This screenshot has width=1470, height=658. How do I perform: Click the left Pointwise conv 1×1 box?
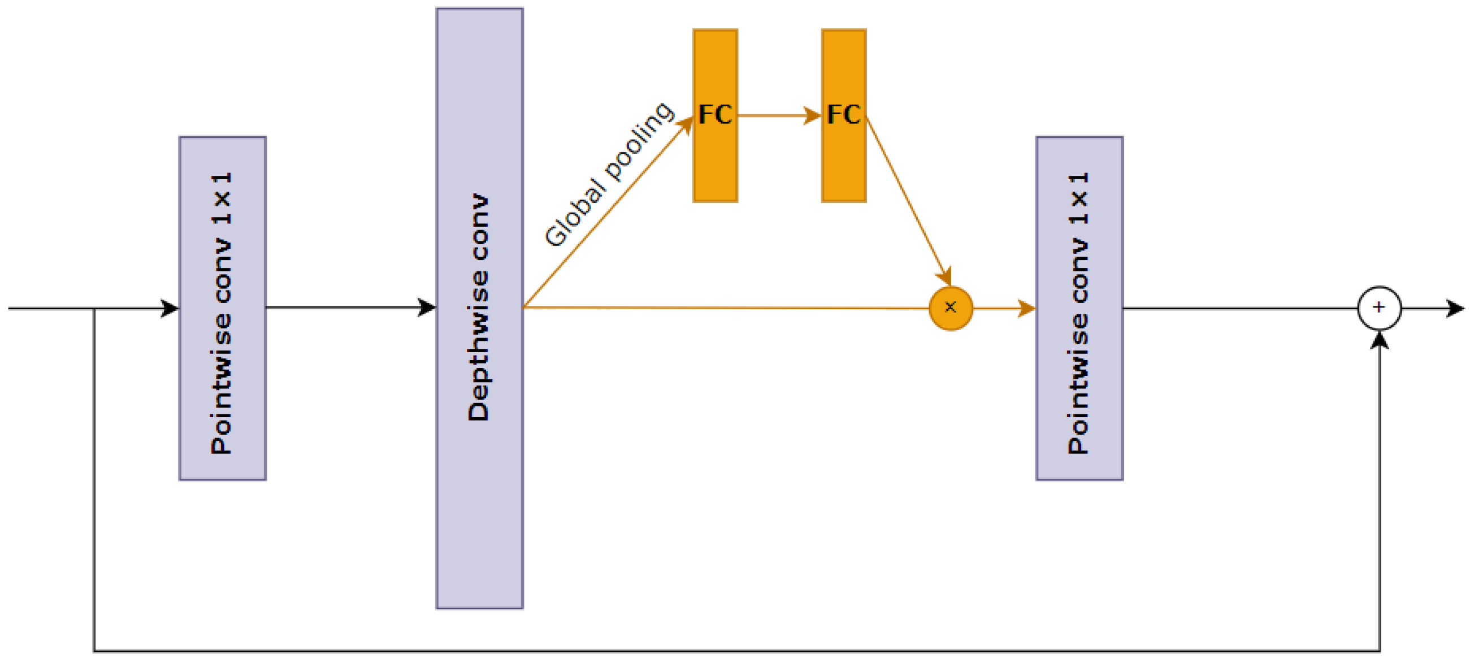(x=223, y=308)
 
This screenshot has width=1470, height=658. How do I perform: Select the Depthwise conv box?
(x=479, y=308)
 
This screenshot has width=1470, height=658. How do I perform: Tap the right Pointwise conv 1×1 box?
(x=1079, y=308)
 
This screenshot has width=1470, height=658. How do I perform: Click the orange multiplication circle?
(x=951, y=308)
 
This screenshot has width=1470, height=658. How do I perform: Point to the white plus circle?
(x=1378, y=308)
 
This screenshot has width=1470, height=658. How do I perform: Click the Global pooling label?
(x=608, y=174)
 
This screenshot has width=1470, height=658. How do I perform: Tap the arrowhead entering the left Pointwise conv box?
(x=170, y=308)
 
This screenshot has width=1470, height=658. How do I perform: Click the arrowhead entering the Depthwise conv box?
(x=426, y=308)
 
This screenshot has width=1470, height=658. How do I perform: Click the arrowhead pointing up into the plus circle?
(x=1379, y=340)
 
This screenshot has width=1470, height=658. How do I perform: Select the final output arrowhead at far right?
(x=1455, y=308)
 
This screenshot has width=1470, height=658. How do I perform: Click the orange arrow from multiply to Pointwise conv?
(x=1004, y=309)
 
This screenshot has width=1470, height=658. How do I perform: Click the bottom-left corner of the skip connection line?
(x=94, y=651)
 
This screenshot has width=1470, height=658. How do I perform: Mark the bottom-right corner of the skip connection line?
(x=1379, y=651)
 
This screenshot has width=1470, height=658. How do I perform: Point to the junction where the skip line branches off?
(x=94, y=309)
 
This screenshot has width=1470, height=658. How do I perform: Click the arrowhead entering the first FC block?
(x=687, y=124)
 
